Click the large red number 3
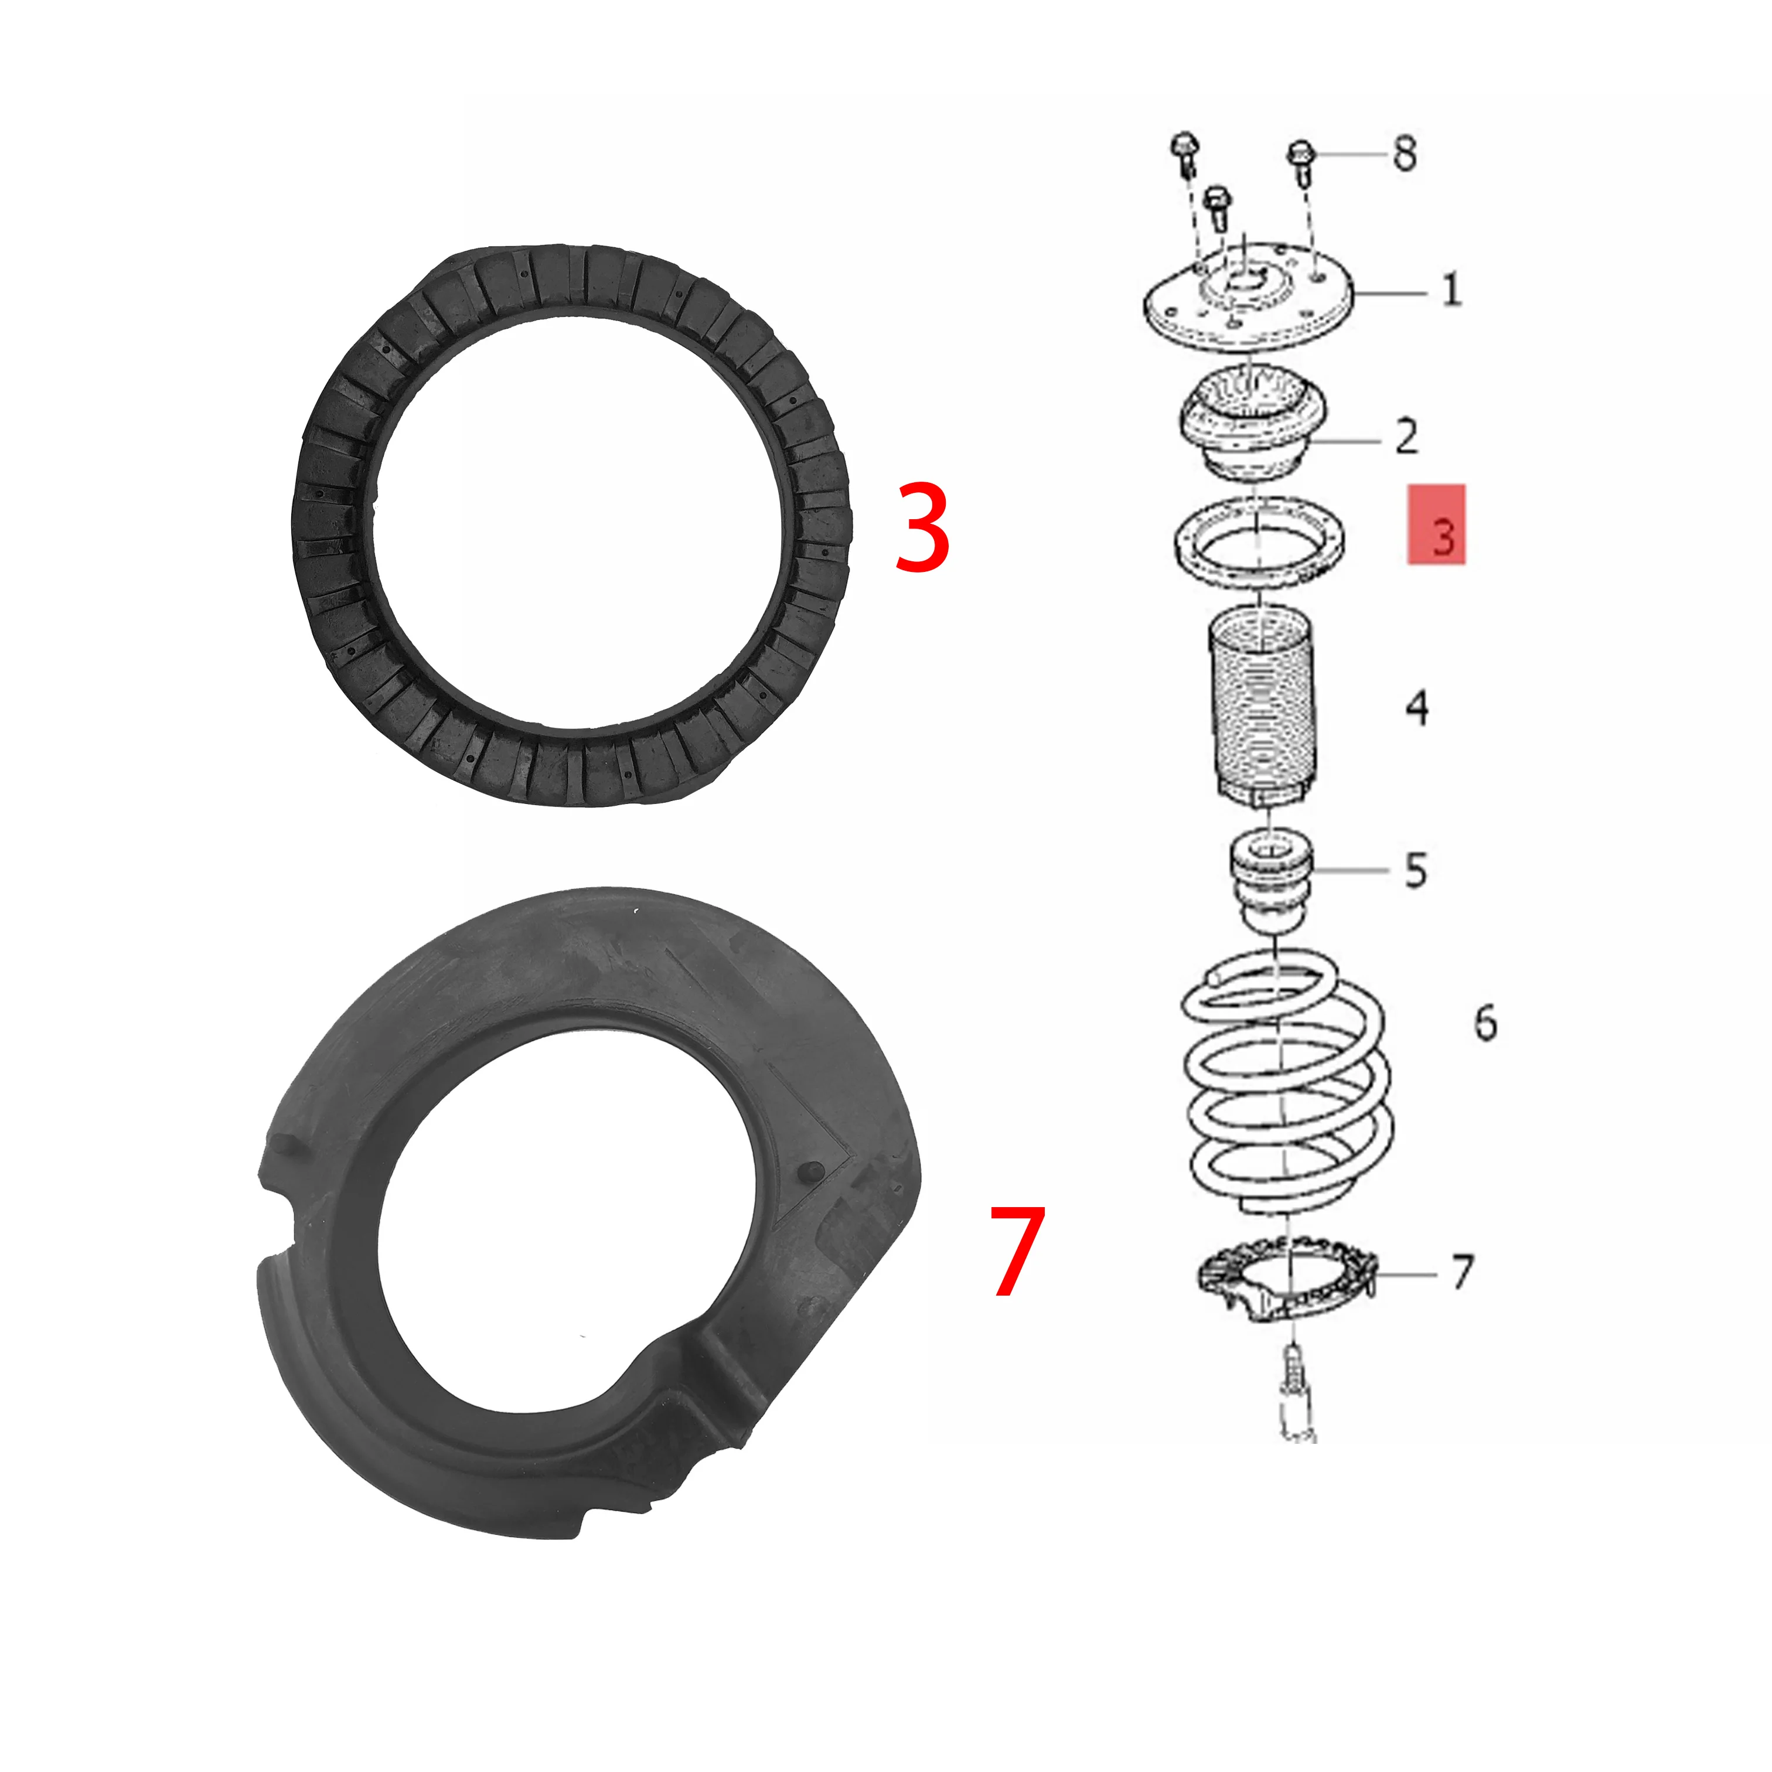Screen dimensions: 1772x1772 [922, 529]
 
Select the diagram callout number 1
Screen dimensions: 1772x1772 [1451, 290]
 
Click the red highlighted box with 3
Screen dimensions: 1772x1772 [1436, 524]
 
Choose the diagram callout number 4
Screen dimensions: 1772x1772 [1417, 707]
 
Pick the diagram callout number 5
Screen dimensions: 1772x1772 [1416, 870]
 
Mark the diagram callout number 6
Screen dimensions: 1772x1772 [1485, 1022]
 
